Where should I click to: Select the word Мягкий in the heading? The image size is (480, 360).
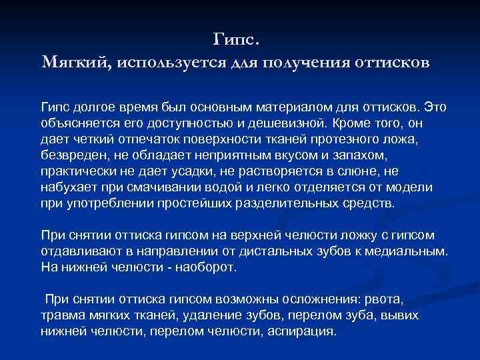[x=77, y=63]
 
